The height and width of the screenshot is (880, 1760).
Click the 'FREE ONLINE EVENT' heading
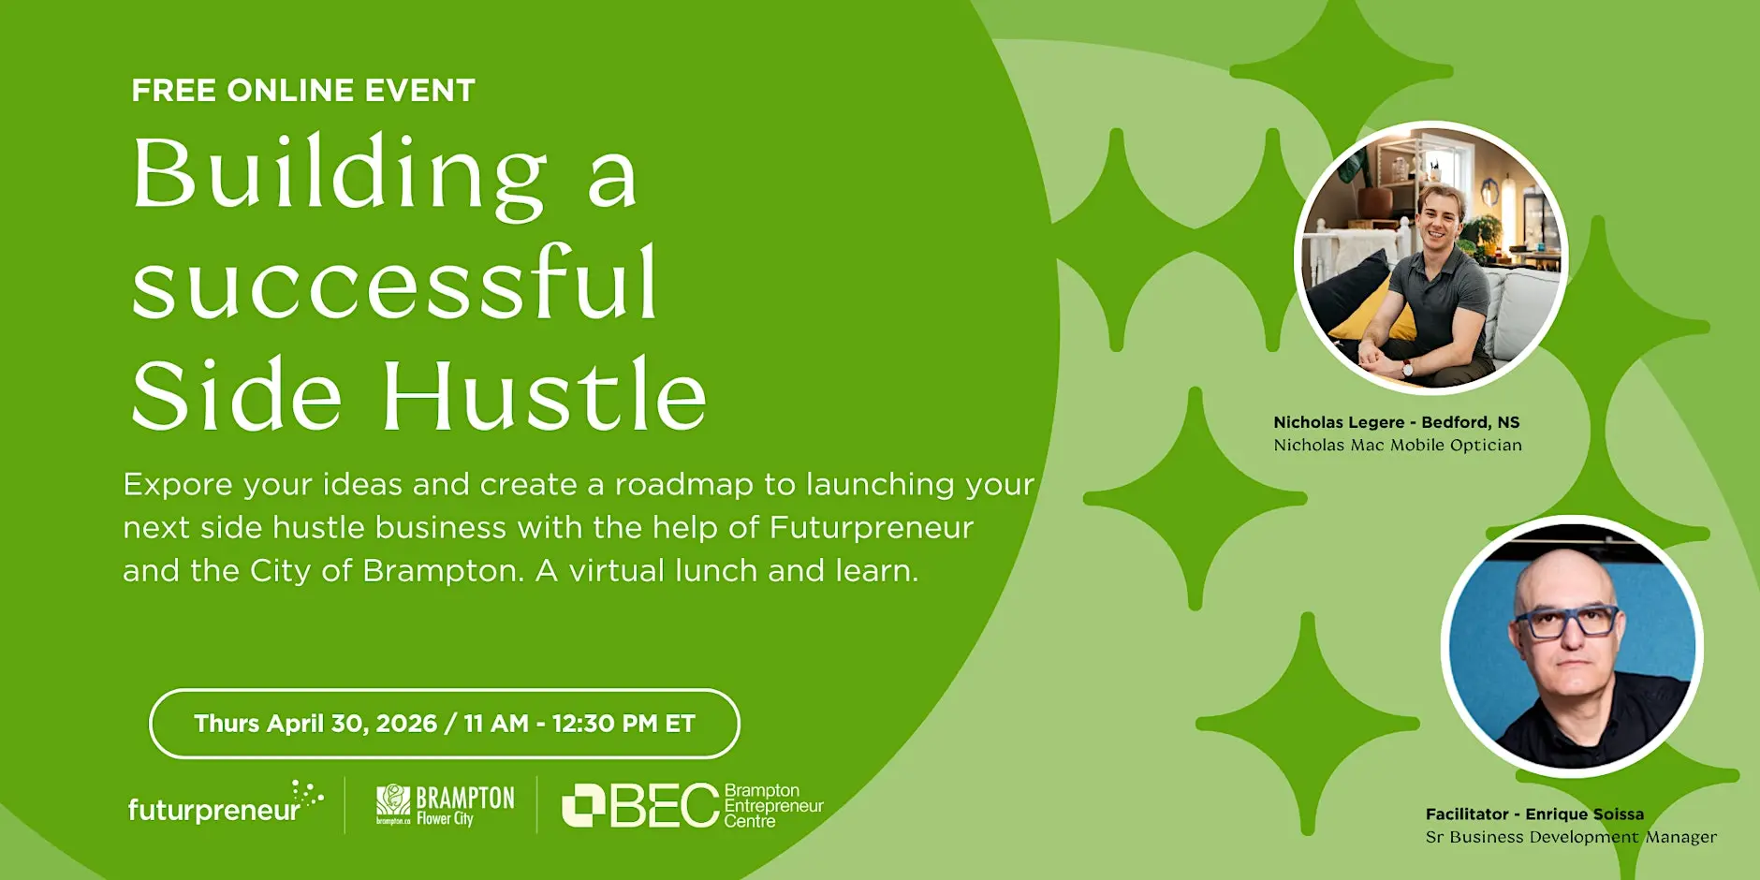303,91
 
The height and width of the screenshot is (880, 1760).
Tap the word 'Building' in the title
340,174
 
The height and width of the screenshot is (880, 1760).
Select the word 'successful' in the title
395,281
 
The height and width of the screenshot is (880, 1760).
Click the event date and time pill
445,724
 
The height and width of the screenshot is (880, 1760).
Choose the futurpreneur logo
226,803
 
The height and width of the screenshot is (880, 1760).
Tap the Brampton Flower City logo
445,805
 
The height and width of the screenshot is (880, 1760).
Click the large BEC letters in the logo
641,805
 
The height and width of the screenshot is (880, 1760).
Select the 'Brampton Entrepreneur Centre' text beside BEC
773,806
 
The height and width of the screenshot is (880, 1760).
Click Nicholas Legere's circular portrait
1430,257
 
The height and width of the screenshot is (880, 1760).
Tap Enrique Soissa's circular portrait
1572,646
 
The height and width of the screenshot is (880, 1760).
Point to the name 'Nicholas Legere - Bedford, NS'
1397,422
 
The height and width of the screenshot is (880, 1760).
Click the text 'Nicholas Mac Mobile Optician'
1398,446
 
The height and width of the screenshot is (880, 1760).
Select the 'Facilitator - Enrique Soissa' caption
1534,814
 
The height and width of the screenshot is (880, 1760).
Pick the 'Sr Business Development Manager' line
1571,837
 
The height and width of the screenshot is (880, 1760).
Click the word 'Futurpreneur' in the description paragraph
872,527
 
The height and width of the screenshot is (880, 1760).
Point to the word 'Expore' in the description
178,485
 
